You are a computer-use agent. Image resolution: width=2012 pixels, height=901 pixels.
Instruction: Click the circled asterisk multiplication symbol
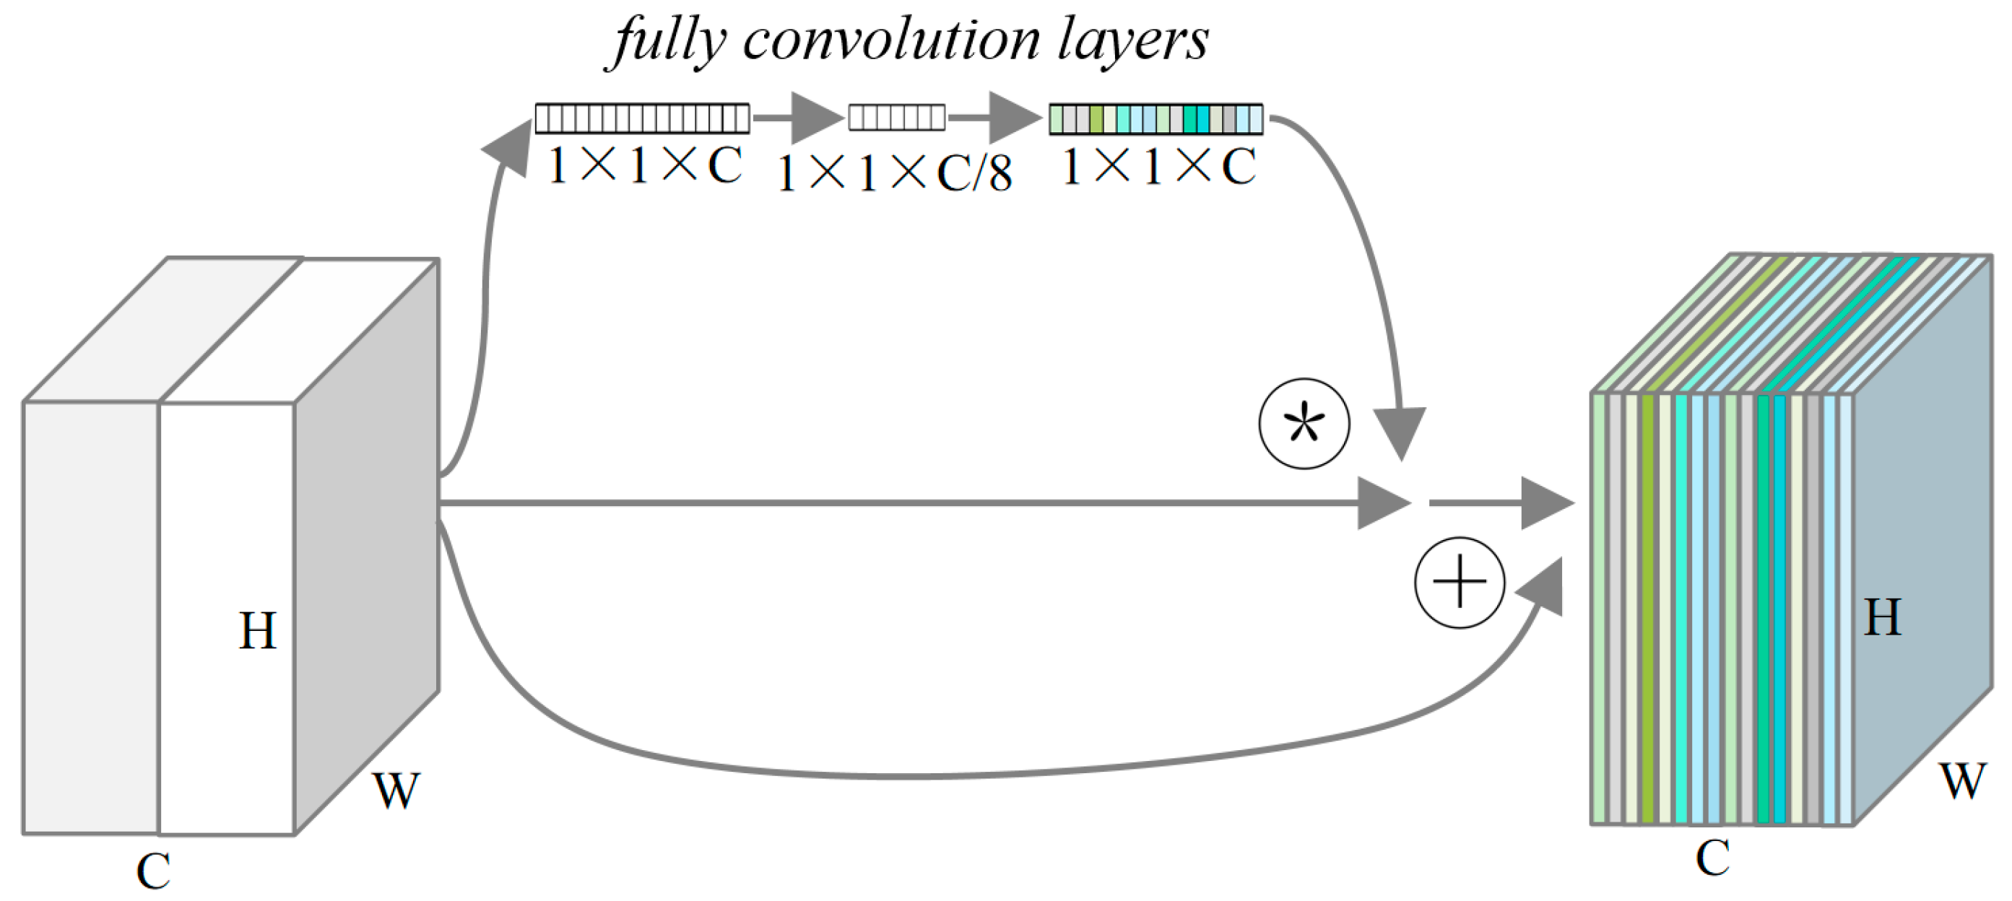[x=1304, y=424]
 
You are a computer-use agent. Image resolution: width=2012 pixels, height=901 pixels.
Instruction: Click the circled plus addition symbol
[x=1459, y=583]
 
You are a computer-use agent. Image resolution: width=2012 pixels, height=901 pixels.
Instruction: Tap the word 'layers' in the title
[x=1132, y=40]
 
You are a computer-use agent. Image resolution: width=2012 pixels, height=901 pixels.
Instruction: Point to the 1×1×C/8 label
[x=895, y=173]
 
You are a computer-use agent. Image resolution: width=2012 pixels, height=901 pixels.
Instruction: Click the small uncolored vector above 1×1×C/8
[x=897, y=118]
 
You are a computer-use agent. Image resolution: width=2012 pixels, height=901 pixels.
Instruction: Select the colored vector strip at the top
[x=1155, y=118]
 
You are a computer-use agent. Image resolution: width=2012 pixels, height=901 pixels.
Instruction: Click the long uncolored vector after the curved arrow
[x=642, y=118]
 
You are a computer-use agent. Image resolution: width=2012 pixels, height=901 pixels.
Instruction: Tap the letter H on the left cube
[x=257, y=630]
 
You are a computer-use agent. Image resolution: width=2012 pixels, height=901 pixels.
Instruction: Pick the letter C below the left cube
[x=153, y=871]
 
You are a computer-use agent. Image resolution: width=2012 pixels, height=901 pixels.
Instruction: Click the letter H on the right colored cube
[x=1882, y=617]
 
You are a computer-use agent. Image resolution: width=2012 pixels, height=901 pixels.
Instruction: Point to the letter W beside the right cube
[x=1961, y=780]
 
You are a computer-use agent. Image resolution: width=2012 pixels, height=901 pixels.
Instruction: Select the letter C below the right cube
[x=1712, y=857]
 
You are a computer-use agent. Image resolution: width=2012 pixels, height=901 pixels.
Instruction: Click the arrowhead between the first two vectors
[x=815, y=118]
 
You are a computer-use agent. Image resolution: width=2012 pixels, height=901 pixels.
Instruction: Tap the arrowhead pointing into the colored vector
[x=1013, y=118]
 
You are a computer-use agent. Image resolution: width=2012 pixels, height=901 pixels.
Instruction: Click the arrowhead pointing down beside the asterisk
[x=1400, y=431]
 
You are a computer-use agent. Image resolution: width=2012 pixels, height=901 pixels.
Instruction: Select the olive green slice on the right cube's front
[x=1648, y=609]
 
